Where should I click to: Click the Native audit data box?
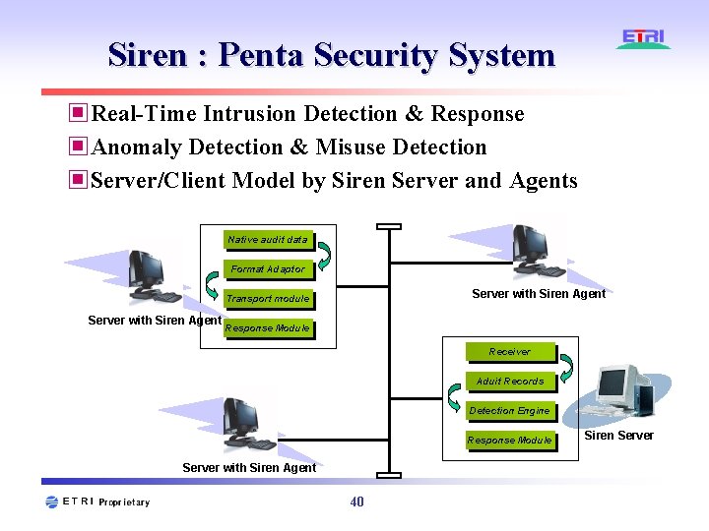tap(267, 240)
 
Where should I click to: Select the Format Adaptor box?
tap(268, 269)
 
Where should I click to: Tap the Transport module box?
tap(267, 299)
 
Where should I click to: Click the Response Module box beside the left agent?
tap(267, 328)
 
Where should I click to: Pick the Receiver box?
tap(509, 352)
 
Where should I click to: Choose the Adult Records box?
tap(509, 382)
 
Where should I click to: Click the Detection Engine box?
tap(509, 411)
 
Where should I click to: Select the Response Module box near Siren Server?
tap(509, 441)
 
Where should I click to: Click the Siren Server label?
tap(618, 436)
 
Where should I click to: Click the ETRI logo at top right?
tap(644, 39)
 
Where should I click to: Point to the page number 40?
tap(356, 502)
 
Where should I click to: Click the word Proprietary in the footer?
tap(125, 502)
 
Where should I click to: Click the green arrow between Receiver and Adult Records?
tap(454, 367)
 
